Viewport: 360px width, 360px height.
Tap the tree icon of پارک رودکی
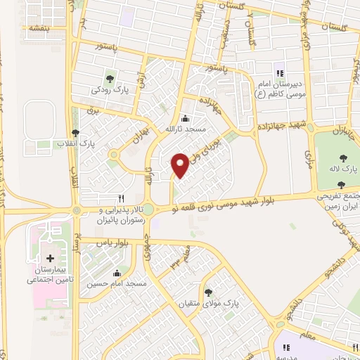[109, 78]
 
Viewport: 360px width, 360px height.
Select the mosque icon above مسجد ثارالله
[184, 118]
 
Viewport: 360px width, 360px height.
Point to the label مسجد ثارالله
[184, 129]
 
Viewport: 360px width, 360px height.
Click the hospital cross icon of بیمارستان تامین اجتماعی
[49, 259]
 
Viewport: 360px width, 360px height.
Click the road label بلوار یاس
[115, 241]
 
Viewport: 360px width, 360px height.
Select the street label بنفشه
[33, 28]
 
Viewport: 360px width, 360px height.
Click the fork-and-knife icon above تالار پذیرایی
[122, 199]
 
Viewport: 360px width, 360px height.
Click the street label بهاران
[139, 136]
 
